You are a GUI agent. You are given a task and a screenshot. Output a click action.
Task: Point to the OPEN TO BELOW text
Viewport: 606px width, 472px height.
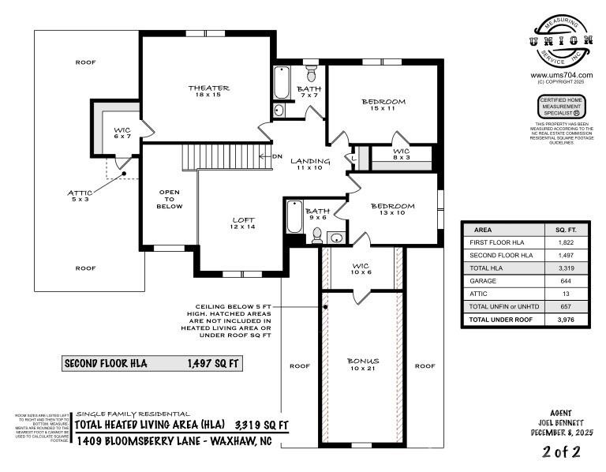click(x=170, y=199)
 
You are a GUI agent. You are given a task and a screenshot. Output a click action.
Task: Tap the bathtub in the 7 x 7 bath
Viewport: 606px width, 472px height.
click(x=281, y=81)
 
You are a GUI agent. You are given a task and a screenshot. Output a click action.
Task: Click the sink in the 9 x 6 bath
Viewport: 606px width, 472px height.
click(x=335, y=237)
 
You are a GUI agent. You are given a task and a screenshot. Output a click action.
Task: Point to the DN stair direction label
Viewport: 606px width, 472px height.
click(x=277, y=156)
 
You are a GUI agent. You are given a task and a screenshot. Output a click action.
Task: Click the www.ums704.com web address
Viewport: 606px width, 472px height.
click(x=561, y=76)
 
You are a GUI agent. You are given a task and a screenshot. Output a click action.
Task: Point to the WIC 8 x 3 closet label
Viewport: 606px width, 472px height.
click(x=401, y=153)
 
